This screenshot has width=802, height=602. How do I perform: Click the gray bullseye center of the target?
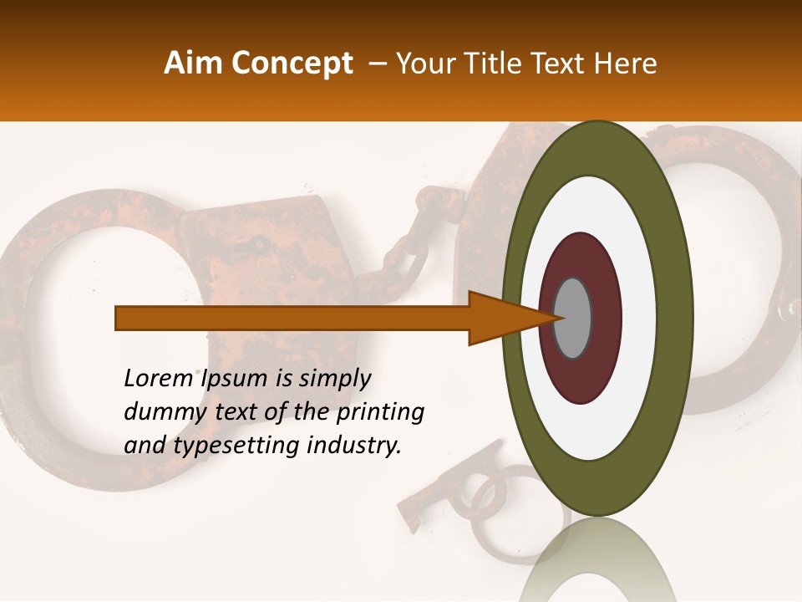[573, 318]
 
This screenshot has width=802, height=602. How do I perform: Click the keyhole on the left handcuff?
[260, 246]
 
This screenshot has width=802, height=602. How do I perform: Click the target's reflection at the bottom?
[597, 564]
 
